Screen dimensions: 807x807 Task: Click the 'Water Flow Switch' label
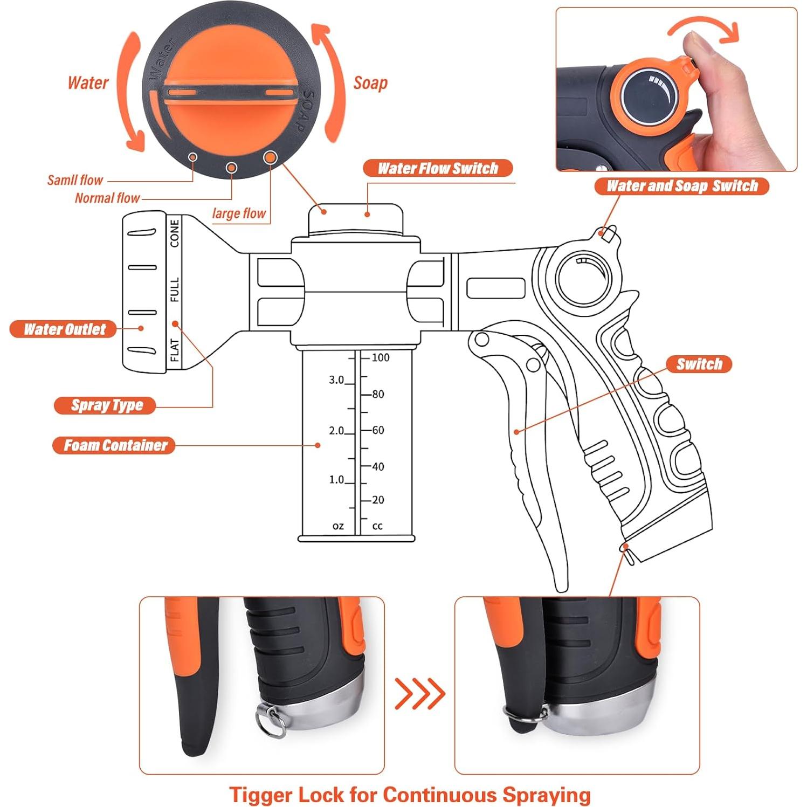click(438, 168)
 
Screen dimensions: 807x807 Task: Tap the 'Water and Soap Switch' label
click(682, 186)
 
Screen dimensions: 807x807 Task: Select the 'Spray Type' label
click(106, 405)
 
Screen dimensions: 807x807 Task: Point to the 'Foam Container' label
click(114, 445)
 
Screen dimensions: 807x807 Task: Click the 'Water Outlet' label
click(64, 329)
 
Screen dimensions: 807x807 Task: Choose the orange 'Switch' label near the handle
click(699, 364)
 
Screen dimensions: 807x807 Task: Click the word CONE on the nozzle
click(175, 233)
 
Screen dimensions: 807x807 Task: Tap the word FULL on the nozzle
click(175, 290)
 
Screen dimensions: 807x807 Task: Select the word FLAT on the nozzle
click(175, 350)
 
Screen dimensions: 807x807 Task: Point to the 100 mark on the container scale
click(380, 357)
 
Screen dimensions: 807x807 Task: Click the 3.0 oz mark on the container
click(336, 380)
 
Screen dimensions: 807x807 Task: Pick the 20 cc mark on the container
click(378, 500)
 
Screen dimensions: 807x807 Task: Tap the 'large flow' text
click(239, 213)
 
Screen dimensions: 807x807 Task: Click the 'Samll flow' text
click(75, 180)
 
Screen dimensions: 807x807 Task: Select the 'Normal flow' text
click(107, 198)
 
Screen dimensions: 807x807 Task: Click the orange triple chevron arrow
click(420, 693)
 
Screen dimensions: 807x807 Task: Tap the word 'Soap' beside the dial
click(370, 83)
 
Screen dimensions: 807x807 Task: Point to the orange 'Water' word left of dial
click(88, 82)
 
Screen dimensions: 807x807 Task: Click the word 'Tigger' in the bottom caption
click(261, 795)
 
